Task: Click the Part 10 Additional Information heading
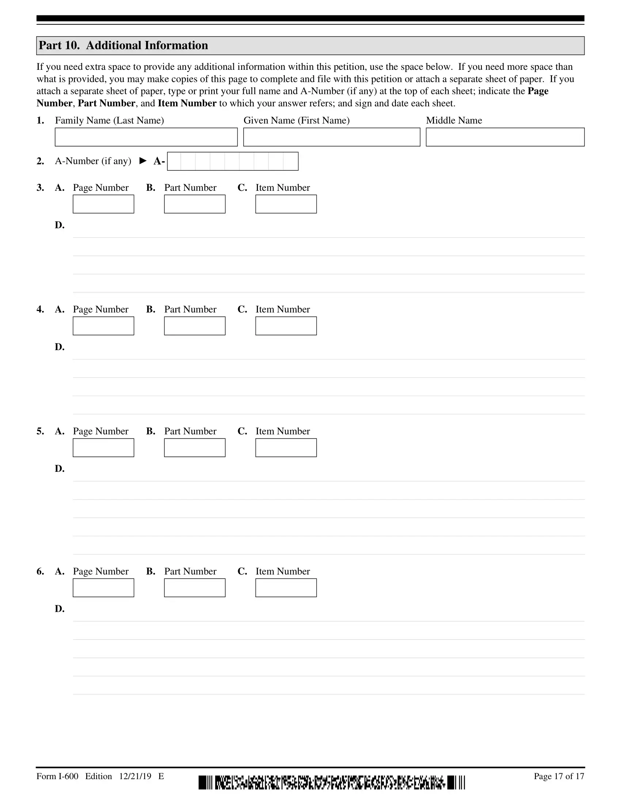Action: [123, 45]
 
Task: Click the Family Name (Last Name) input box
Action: [146, 137]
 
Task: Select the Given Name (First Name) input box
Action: [331, 137]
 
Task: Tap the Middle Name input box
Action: [505, 137]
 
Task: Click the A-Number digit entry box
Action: [232, 161]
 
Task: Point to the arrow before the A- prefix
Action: [143, 161]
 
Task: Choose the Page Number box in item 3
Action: [103, 204]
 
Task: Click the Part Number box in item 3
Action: [195, 204]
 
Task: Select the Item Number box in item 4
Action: [286, 326]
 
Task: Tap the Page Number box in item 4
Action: [103, 326]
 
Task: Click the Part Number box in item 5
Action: [195, 448]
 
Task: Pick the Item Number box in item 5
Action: [286, 448]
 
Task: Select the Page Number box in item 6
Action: [103, 588]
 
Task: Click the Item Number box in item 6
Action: [286, 588]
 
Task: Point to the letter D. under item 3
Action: [60, 225]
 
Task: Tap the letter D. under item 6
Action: [60, 609]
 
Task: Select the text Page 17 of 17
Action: [559, 776]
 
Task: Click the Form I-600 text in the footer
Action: [57, 776]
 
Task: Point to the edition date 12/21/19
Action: [135, 776]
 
